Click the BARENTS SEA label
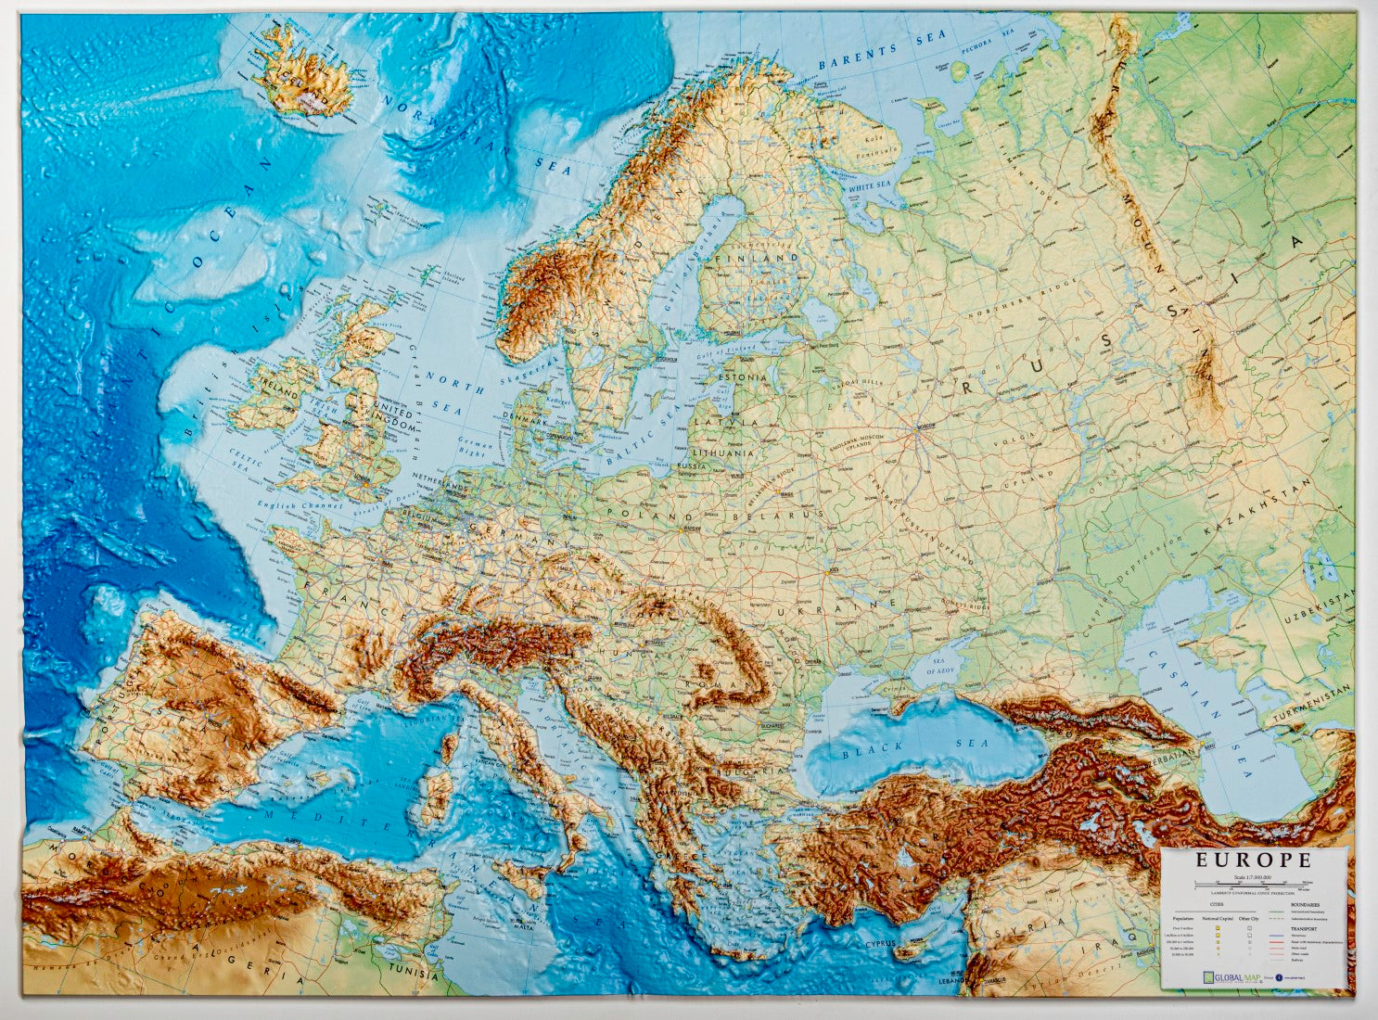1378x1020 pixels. coord(884,50)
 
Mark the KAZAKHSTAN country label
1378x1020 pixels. coord(1257,508)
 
